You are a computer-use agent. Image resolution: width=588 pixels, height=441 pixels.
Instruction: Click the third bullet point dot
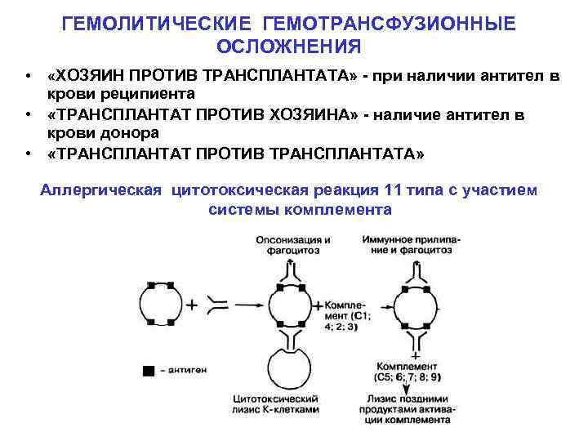(x=29, y=152)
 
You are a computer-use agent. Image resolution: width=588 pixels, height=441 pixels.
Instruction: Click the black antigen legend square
(x=147, y=372)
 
